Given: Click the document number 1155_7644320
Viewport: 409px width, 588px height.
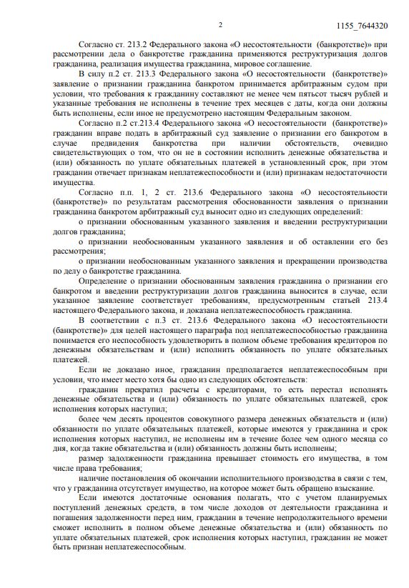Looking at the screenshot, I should pos(362,26).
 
